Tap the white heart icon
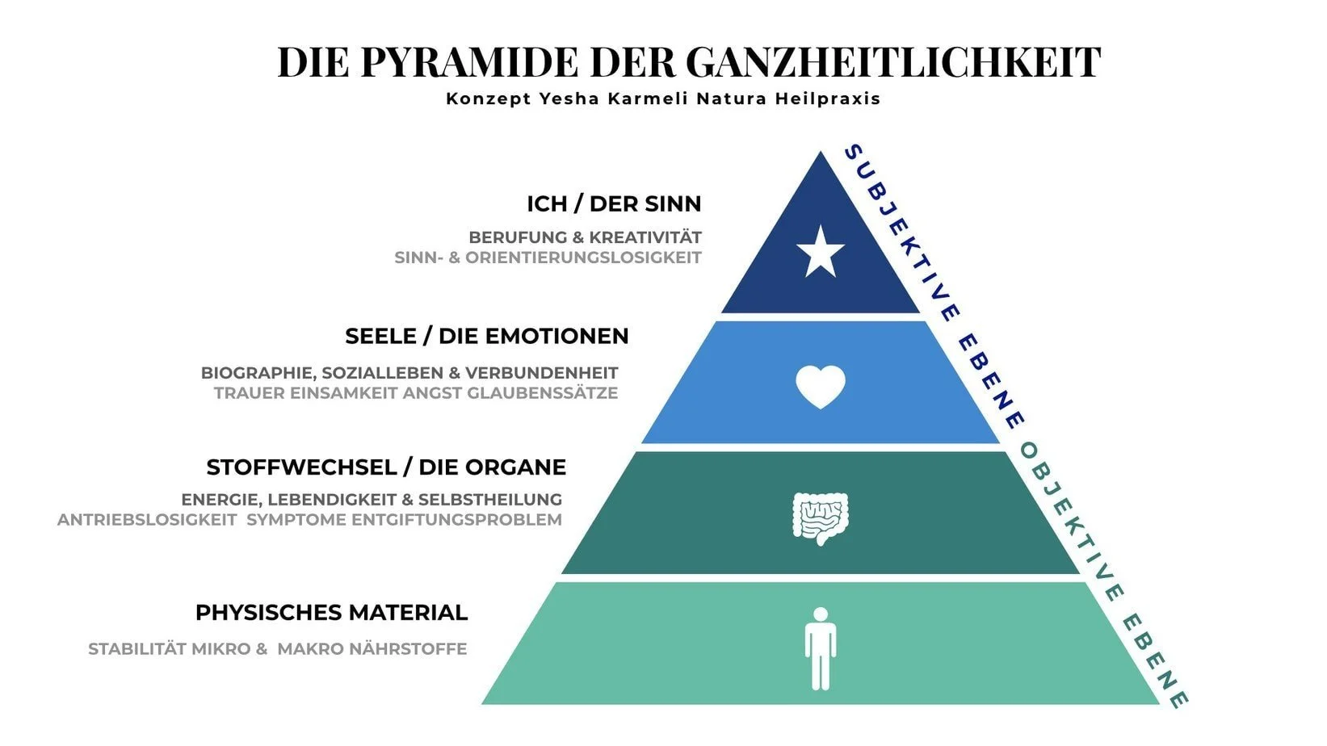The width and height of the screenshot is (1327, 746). [820, 386]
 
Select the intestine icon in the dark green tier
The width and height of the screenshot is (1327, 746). [820, 518]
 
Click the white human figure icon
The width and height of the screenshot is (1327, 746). [820, 648]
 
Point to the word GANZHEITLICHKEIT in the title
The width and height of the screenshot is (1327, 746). [893, 62]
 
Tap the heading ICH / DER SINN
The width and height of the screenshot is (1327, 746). [614, 203]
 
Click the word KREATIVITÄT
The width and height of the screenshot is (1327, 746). [645, 237]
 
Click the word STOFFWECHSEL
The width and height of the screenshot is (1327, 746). [300, 467]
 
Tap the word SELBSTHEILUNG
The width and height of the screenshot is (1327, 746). [489, 500]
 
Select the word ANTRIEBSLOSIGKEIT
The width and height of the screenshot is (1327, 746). [146, 520]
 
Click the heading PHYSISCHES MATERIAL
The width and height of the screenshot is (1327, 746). [331, 613]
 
